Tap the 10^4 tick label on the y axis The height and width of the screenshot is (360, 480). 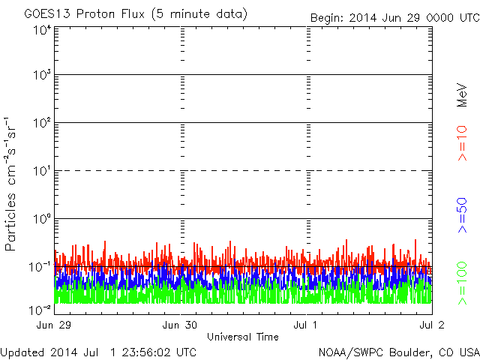coord(41,30)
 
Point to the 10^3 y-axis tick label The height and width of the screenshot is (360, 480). coord(41,76)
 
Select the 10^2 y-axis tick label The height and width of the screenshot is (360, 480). coord(41,124)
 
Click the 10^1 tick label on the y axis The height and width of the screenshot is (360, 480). coord(41,172)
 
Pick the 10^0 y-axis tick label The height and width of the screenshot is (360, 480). coord(41,220)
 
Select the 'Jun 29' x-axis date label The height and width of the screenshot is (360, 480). coord(53,325)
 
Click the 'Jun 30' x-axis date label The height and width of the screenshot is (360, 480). coord(181,325)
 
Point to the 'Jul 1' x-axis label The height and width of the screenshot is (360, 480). coord(307,325)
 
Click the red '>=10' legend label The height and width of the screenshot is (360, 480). coord(463,143)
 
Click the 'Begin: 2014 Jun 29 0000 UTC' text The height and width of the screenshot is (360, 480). coord(393,17)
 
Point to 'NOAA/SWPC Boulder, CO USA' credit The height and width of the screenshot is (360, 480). coord(398,352)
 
